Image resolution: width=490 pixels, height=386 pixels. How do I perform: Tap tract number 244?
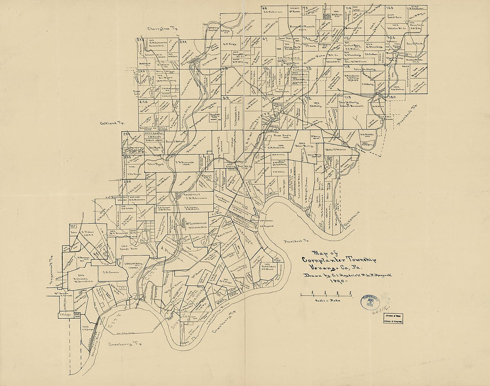click(x=183, y=43)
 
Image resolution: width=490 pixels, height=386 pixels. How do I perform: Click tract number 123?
click(x=390, y=8)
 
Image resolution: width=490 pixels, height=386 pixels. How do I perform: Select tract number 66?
click(x=264, y=8)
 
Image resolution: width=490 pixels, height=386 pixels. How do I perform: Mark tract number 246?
click(x=143, y=102)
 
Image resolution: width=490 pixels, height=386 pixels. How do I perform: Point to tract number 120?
click(x=392, y=97)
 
